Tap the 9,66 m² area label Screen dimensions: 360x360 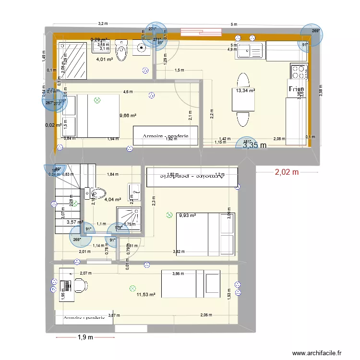(128, 116)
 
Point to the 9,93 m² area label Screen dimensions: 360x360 (188, 216)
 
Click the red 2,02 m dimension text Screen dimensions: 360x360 (287, 172)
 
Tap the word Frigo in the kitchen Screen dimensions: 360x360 (296, 89)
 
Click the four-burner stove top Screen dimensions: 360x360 (299, 72)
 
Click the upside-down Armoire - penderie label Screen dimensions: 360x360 (192, 176)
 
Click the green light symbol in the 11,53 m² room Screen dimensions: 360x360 (132, 288)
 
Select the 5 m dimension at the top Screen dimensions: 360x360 (234, 24)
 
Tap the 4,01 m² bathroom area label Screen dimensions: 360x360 (104, 60)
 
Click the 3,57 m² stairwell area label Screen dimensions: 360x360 (75, 222)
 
